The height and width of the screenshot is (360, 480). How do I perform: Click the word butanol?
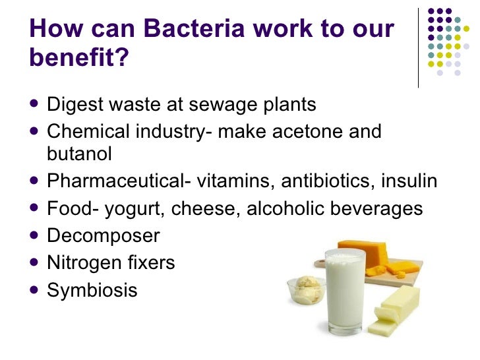[80, 154]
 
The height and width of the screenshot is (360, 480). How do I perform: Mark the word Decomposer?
[104, 235]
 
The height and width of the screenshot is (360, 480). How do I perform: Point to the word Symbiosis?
[92, 289]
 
